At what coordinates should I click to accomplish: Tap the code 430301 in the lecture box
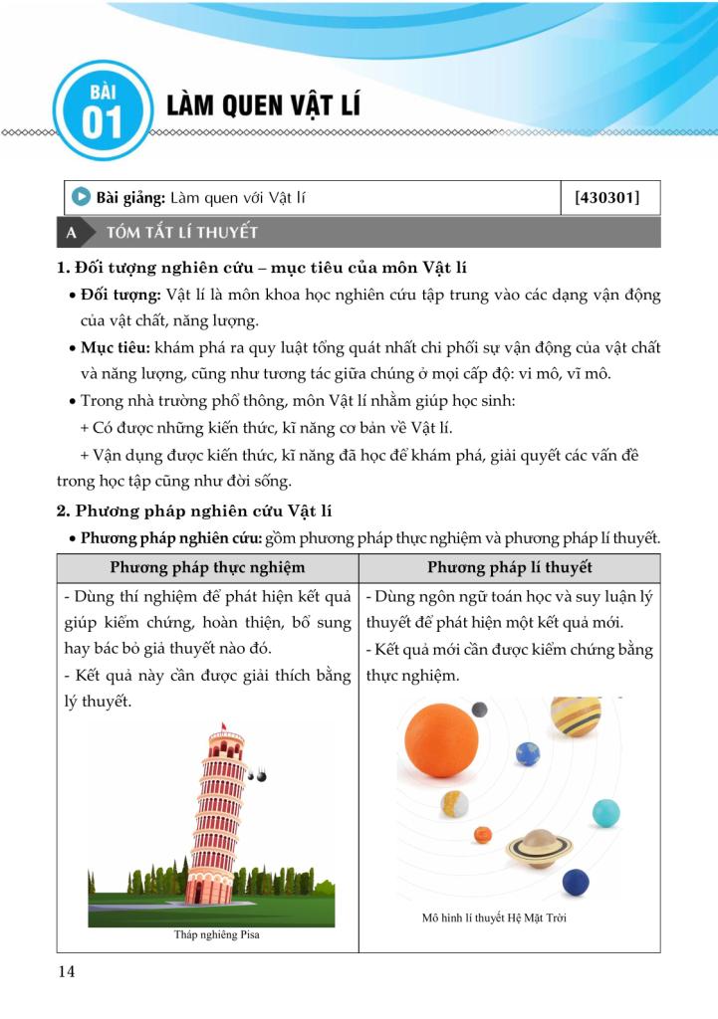[606, 198]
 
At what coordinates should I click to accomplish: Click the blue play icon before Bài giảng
[83, 198]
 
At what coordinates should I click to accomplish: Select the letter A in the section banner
[71, 233]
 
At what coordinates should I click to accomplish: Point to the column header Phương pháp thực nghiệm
[207, 567]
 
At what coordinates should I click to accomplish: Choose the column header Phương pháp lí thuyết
[510, 567]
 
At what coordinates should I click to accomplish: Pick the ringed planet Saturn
[539, 847]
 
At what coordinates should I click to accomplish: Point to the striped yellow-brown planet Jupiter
[577, 713]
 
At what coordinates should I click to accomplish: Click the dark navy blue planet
[576, 883]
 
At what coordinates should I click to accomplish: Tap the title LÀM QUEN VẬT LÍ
[263, 106]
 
